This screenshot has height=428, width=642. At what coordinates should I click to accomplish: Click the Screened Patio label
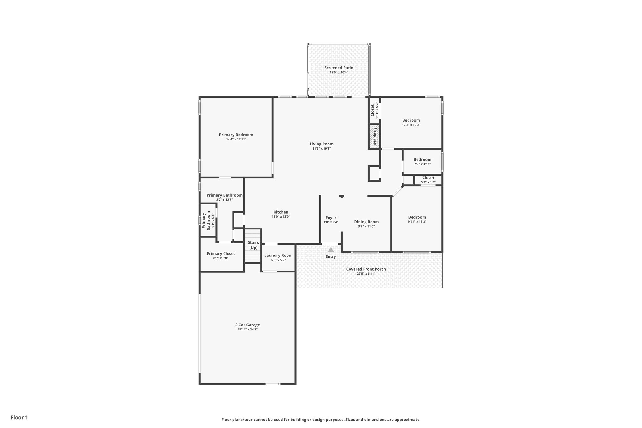tap(339, 68)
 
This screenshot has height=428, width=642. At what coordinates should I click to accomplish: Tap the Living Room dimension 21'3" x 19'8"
tap(321, 149)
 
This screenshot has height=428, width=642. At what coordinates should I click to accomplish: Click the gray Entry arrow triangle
tap(330, 250)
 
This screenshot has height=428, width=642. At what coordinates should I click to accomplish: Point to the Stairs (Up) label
tap(253, 245)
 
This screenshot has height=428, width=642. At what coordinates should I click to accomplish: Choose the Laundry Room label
tap(278, 255)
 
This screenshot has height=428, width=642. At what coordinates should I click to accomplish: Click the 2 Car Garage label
tap(247, 325)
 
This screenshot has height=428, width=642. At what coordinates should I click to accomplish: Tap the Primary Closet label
tap(221, 254)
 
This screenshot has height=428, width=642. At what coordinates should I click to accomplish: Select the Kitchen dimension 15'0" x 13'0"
tap(281, 217)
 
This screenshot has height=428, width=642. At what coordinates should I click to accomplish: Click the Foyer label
tap(331, 218)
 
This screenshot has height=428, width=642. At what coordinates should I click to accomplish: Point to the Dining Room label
tap(366, 222)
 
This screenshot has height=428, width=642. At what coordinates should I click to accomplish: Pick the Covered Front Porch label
tap(366, 269)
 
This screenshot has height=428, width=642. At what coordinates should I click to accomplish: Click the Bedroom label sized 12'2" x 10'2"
tap(411, 120)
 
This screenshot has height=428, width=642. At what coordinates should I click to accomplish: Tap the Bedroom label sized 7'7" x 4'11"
tap(422, 159)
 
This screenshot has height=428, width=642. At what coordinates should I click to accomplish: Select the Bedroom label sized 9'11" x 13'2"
tap(417, 217)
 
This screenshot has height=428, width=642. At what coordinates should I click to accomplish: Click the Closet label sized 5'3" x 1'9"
tap(428, 178)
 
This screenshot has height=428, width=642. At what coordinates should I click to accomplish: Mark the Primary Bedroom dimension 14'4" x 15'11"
tap(236, 139)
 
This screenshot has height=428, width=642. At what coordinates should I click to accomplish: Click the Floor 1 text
tap(19, 417)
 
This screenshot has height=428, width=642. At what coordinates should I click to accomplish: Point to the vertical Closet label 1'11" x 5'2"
tap(373, 110)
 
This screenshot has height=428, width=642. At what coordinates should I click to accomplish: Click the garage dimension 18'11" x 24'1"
tap(247, 330)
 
